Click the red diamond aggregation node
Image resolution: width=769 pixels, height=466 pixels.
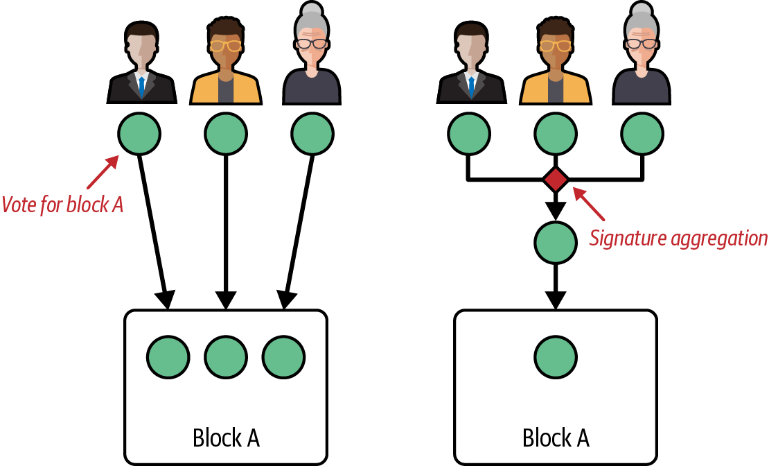556,180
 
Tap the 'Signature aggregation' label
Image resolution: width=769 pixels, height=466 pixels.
678,239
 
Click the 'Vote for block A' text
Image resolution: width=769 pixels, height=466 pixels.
62,205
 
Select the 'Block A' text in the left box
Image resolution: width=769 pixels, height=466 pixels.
226,438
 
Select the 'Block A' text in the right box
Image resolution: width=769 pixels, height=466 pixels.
556,438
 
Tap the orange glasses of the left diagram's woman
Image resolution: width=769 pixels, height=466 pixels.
225,46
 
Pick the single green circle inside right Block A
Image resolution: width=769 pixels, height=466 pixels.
556,357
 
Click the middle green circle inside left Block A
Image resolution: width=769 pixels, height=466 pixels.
226,357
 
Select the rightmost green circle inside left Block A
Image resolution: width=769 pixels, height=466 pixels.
283,357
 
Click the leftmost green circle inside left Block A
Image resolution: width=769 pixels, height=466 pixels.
168,357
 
